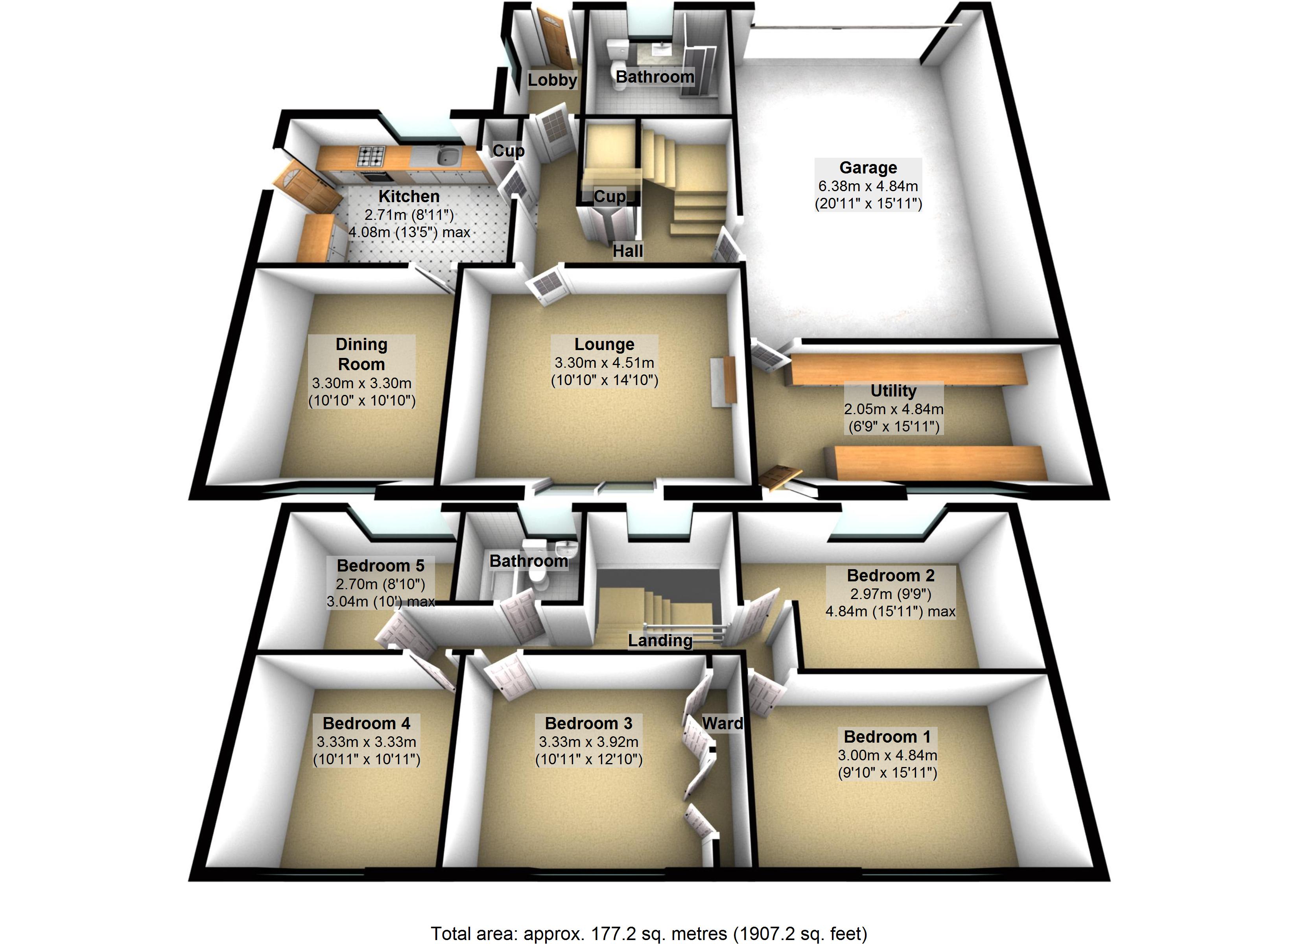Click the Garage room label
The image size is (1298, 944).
[868, 168]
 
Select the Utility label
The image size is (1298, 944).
[893, 391]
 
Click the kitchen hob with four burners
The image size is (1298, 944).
[371, 155]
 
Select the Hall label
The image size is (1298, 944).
[627, 251]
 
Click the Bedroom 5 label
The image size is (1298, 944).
[381, 566]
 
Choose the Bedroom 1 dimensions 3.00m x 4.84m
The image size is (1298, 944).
[887, 755]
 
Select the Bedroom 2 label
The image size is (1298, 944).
[891, 575]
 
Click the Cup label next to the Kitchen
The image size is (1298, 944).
[508, 151]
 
